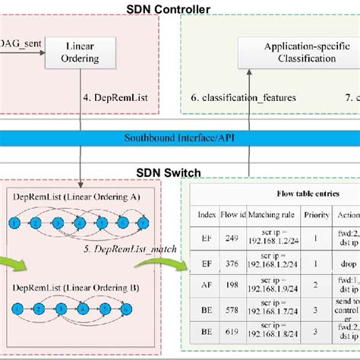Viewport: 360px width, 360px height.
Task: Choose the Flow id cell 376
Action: pyautogui.click(x=232, y=264)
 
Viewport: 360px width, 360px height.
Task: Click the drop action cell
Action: pyautogui.click(x=347, y=264)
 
